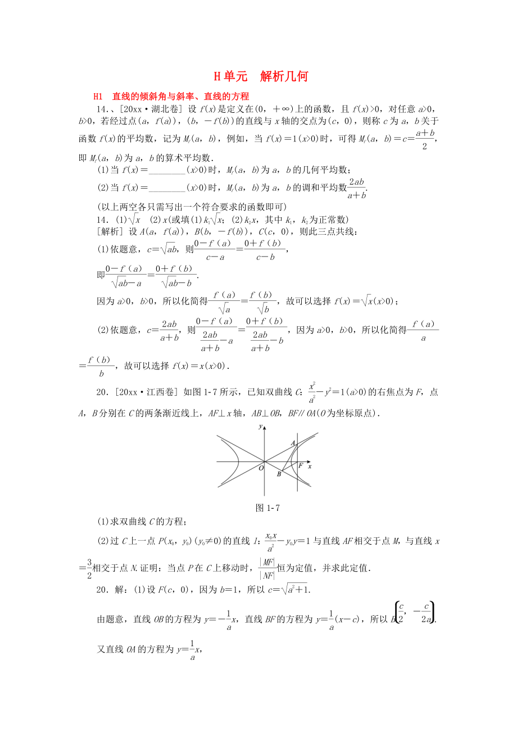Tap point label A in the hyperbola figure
292,442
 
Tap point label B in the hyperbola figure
278,475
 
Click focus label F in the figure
300,466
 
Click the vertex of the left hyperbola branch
240,462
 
